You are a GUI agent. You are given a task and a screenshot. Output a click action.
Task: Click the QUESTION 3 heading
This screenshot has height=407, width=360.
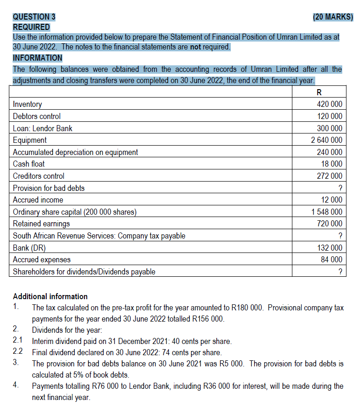tap(34, 17)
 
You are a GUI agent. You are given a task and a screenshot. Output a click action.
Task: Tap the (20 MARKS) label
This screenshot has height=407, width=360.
tap(333, 17)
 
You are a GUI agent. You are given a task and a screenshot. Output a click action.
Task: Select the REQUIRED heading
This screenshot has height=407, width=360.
tap(31, 27)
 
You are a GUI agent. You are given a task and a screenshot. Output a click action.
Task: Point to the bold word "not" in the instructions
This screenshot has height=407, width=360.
tap(197, 47)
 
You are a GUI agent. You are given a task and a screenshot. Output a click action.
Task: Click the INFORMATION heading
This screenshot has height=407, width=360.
tap(37, 58)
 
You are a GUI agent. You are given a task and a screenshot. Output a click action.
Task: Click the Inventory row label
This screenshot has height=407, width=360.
tap(28, 104)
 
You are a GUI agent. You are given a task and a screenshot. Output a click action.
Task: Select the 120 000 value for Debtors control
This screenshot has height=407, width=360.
tap(329, 116)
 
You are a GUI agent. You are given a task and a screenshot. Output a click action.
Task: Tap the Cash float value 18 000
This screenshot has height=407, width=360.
tap(332, 164)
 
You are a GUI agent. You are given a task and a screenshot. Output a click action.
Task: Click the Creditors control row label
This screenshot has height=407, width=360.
tap(39, 176)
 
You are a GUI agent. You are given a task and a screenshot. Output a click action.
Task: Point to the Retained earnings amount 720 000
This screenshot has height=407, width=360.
tap(329, 224)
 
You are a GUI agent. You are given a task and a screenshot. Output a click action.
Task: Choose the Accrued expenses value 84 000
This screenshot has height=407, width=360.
tap(332, 260)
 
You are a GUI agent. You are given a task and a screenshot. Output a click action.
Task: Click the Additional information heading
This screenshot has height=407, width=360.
tap(50, 296)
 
